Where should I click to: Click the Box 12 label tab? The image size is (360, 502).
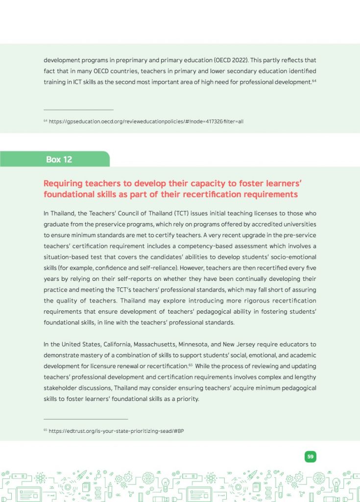click(x=59, y=159)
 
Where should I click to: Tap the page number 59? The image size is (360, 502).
click(x=310, y=456)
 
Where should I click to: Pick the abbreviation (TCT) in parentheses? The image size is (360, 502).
click(x=182, y=214)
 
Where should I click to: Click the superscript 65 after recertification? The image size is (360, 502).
click(x=191, y=365)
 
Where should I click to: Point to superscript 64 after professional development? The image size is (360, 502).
click(x=314, y=80)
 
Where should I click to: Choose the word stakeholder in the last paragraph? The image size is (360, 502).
click(x=62, y=388)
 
